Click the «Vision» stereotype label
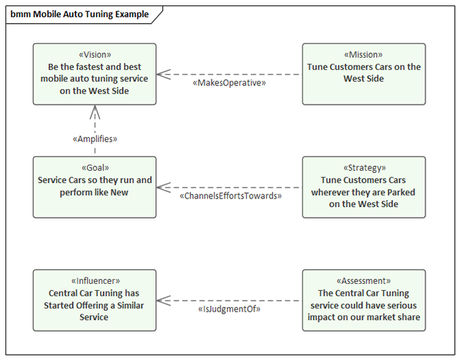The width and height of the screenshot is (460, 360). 95,55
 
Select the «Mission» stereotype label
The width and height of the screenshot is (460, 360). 364,55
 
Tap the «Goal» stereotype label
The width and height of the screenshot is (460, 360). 95,168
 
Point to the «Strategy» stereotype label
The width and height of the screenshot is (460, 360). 365,168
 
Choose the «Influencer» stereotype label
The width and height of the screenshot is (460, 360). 95,281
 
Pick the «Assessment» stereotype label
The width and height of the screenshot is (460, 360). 364,281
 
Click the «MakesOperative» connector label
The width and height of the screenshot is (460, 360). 229,83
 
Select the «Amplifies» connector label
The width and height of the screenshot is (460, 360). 95,138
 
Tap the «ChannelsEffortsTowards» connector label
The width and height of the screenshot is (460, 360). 231,195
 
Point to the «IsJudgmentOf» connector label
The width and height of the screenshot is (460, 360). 229,309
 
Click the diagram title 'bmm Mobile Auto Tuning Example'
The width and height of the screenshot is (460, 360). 79,14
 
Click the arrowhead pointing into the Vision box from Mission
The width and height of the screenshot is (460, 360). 158,74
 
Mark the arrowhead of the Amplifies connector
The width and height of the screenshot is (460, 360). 95,106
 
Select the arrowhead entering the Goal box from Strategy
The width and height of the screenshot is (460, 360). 158,188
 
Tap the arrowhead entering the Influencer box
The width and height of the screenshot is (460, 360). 158,301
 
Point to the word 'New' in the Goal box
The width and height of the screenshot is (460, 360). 119,192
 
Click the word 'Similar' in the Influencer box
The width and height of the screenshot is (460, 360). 131,305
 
